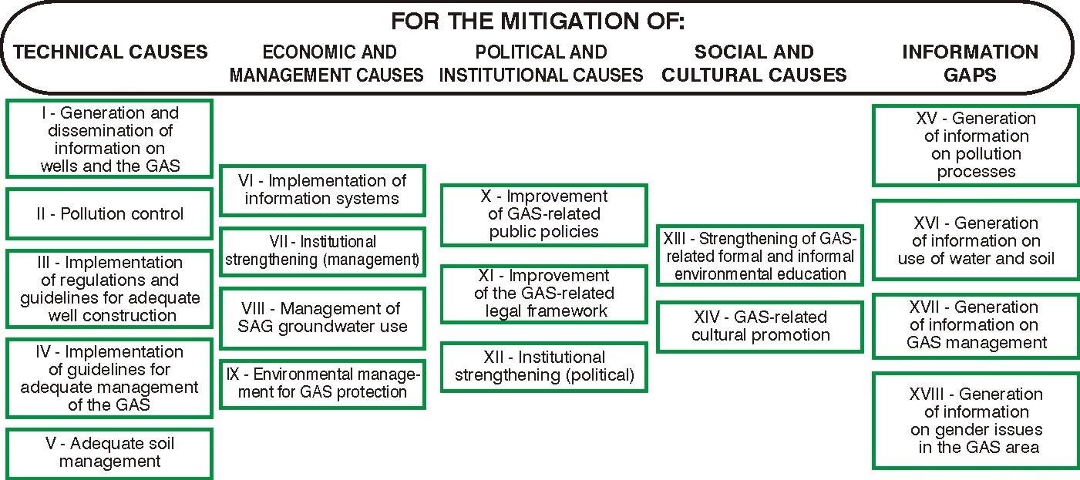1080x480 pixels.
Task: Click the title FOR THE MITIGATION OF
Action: (x=537, y=21)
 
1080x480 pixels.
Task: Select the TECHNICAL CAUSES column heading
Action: (x=111, y=52)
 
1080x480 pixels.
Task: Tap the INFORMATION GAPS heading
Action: (x=970, y=63)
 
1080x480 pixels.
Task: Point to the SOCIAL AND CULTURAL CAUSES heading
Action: (x=754, y=63)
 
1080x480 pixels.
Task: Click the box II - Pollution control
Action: (x=109, y=213)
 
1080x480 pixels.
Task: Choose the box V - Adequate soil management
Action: (x=109, y=453)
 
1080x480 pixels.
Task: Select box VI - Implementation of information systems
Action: (x=322, y=190)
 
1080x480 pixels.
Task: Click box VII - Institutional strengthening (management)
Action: (x=322, y=251)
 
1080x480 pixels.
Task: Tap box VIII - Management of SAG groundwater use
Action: (x=322, y=317)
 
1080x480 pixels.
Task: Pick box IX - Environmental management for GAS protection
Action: (x=322, y=383)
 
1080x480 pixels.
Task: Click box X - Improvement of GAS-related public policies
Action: (x=543, y=214)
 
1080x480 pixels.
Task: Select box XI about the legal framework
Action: (x=543, y=294)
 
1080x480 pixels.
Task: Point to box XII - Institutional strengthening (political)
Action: (x=543, y=367)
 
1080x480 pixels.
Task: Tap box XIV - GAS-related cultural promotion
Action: (x=759, y=326)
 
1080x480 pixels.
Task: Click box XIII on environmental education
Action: (x=759, y=255)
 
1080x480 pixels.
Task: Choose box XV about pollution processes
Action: (x=975, y=146)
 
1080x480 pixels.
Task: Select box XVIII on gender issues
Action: (x=975, y=421)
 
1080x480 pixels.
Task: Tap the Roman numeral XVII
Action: (x=931, y=307)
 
